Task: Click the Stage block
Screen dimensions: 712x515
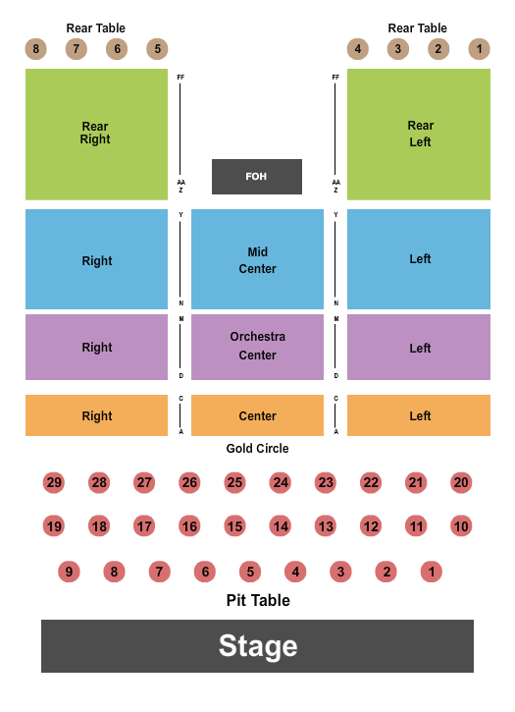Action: pyautogui.click(x=257, y=646)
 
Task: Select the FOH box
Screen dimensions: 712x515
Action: pyautogui.click(x=257, y=177)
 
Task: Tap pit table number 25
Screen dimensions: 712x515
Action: pyautogui.click(x=234, y=482)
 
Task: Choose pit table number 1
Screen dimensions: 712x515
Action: pyautogui.click(x=432, y=572)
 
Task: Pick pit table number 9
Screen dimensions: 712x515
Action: pyautogui.click(x=69, y=572)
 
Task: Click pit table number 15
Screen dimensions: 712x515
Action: pyautogui.click(x=234, y=526)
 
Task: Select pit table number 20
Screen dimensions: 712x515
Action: pyautogui.click(x=461, y=482)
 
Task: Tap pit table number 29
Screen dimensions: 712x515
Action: pyautogui.click(x=54, y=482)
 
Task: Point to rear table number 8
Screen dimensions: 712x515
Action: pyautogui.click(x=36, y=49)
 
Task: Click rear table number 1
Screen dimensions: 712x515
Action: pyautogui.click(x=480, y=49)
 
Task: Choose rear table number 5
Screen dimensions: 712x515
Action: pyautogui.click(x=157, y=49)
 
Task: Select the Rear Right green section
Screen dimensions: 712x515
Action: pyautogui.click(x=96, y=134)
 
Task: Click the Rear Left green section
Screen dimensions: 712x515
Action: pyautogui.click(x=419, y=134)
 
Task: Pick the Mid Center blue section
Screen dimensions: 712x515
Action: pyautogui.click(x=257, y=260)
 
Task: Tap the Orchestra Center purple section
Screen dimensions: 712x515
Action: pyautogui.click(x=257, y=346)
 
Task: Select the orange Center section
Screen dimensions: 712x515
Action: pyautogui.click(x=257, y=415)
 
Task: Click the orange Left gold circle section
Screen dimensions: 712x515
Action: pyautogui.click(x=419, y=415)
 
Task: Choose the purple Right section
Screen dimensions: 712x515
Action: pyautogui.click(x=96, y=347)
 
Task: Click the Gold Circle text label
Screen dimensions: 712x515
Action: pyautogui.click(x=257, y=449)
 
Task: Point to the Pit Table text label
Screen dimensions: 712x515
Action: pyautogui.click(x=257, y=600)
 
